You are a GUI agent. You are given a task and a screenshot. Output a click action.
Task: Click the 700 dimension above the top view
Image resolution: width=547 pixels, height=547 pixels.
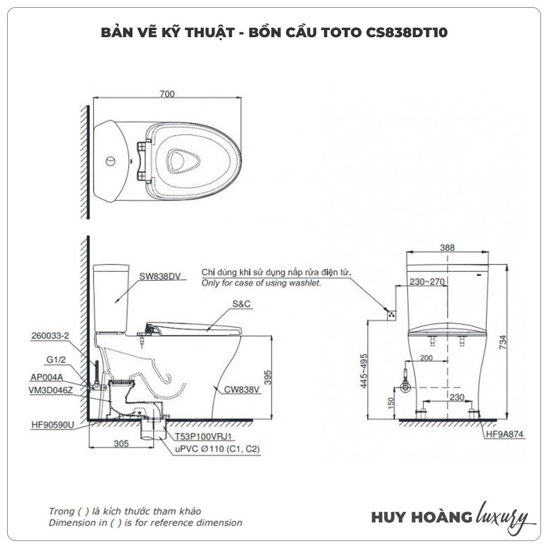[x=167, y=94]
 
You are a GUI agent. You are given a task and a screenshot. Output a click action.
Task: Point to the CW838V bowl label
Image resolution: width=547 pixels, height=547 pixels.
[x=242, y=390]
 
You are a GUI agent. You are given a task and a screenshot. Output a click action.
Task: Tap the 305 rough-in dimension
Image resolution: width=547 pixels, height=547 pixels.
[x=121, y=444]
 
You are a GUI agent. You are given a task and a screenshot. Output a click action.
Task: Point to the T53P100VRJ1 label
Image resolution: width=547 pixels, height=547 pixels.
[x=205, y=437]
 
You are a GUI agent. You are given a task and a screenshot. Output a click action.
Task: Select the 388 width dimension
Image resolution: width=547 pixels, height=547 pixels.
[x=447, y=247]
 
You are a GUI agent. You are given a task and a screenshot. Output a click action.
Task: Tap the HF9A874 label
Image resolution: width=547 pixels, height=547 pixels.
[x=504, y=434]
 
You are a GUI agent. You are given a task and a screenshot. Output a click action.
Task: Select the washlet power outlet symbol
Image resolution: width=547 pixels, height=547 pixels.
[x=391, y=315]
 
